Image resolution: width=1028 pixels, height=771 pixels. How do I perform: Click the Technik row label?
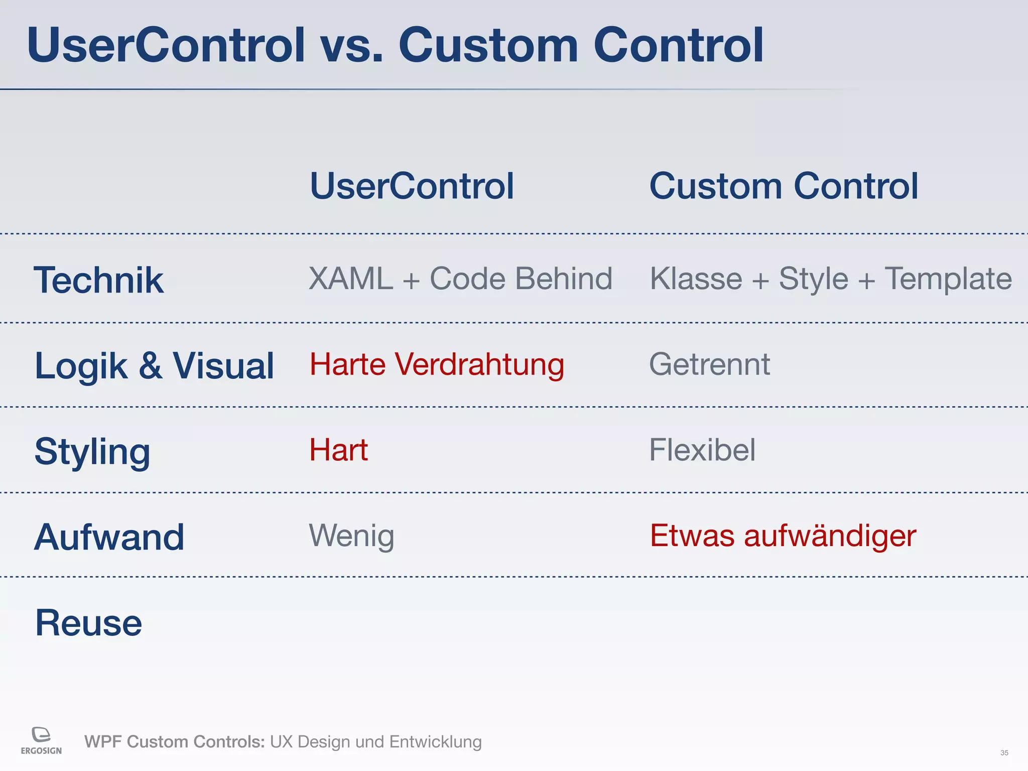click(x=98, y=280)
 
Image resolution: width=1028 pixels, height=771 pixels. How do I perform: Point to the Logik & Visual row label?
click(x=154, y=366)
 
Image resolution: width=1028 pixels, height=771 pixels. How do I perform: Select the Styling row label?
click(x=92, y=452)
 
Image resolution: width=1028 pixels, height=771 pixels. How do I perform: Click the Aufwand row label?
click(x=109, y=537)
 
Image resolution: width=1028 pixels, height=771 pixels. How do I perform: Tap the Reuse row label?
click(x=88, y=623)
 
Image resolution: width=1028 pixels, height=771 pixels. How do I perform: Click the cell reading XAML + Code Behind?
click(x=460, y=279)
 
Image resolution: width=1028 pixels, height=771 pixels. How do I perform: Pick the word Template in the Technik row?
click(x=948, y=279)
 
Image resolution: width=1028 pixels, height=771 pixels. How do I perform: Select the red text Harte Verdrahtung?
click(x=437, y=365)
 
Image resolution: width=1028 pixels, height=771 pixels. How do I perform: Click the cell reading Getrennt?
click(x=709, y=364)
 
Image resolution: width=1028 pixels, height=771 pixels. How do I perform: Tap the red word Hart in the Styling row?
click(x=338, y=450)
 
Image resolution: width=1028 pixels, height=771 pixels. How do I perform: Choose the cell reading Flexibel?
click(x=702, y=450)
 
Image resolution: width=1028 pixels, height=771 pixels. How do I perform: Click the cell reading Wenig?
click(x=351, y=536)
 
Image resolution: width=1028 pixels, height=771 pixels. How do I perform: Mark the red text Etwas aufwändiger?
click(x=783, y=536)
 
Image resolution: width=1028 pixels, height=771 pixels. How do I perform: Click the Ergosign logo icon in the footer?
click(x=41, y=734)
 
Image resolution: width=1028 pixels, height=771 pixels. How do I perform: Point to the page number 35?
click(x=1004, y=753)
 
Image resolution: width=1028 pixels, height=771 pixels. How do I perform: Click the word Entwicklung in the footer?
click(x=435, y=742)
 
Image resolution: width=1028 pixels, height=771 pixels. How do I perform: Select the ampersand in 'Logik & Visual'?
click(x=150, y=366)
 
